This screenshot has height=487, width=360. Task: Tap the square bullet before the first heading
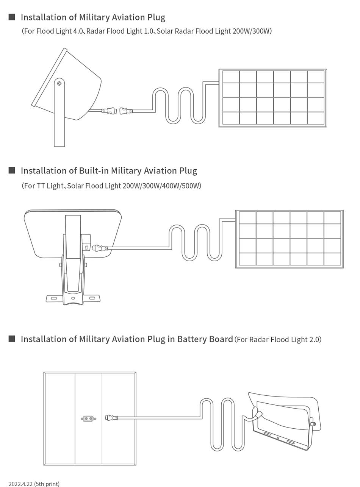coord(12,17)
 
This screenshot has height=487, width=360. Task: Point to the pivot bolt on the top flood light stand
coord(59,83)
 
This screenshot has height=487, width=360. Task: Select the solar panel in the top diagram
coord(273,98)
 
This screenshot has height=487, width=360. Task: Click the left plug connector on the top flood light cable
coord(109,111)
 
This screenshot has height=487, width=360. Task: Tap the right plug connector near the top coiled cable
coord(126,111)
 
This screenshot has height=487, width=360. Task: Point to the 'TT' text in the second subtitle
coord(41,186)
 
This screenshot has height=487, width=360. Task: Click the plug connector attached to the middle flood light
coord(100,248)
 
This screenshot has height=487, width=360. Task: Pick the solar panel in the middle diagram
coord(290,239)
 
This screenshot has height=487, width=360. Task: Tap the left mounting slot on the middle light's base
coord(54,298)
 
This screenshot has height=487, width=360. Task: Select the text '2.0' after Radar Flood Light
coord(314,339)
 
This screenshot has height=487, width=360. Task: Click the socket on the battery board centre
coord(88,418)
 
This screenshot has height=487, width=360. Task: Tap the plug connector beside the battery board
coord(111,418)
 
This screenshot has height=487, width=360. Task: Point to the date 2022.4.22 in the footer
coord(20,484)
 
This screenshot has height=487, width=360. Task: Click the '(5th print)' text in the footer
coord(47,484)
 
